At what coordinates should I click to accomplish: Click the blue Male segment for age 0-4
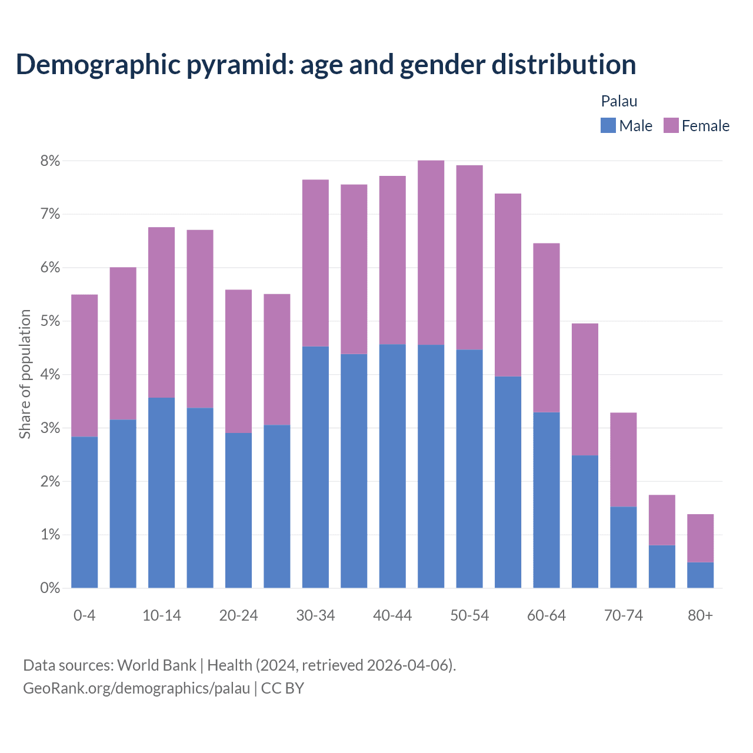coord(85,512)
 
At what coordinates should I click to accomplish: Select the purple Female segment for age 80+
coord(700,538)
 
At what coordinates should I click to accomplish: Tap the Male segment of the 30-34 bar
coord(315,467)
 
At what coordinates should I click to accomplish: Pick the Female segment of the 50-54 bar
coord(469,257)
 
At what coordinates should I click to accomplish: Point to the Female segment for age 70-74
coord(624,459)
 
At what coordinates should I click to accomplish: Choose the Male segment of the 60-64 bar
coord(547,500)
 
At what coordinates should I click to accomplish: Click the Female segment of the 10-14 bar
coord(162,312)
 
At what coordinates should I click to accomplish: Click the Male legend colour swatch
coord(608,125)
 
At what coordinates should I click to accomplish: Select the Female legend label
coord(705,126)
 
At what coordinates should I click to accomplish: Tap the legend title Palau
coord(619,101)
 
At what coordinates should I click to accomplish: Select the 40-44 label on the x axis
coord(392,615)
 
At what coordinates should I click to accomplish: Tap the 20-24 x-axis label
coord(238,615)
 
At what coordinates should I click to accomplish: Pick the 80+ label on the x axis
coord(700,615)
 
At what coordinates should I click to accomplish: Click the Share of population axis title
coord(25,374)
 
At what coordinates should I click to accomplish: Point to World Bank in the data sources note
coord(156,665)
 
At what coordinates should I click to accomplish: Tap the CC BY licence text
coord(282,688)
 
